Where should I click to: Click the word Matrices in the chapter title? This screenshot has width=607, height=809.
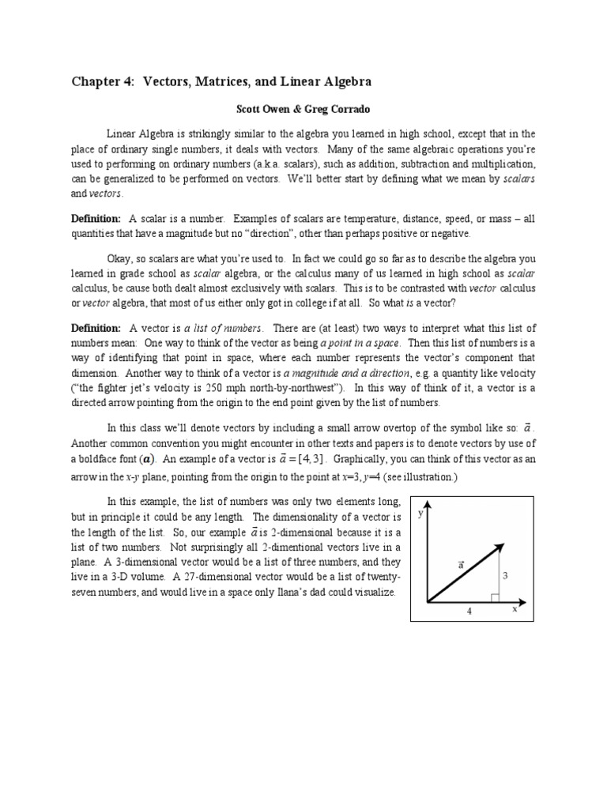[x=219, y=81]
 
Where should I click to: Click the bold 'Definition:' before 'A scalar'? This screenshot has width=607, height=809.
[x=96, y=218]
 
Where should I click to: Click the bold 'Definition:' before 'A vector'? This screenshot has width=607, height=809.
[x=96, y=328]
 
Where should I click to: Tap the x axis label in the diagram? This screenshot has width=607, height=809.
[x=514, y=609]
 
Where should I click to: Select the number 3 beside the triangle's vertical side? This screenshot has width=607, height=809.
[x=503, y=576]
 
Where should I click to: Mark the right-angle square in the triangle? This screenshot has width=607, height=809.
[x=493, y=598]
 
